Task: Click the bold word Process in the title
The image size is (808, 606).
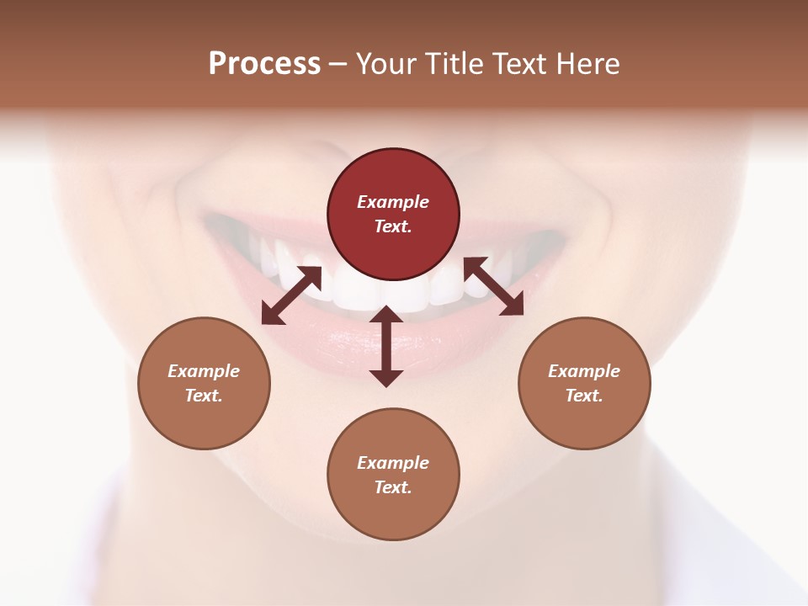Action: (x=264, y=64)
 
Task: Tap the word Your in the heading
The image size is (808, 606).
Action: (x=386, y=64)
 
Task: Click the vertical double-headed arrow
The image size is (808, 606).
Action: (x=386, y=346)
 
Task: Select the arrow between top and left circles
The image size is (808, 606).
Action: (x=291, y=295)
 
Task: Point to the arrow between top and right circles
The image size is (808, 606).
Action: (x=494, y=286)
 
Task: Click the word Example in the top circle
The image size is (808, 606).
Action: (x=393, y=202)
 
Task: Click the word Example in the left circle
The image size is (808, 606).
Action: (x=204, y=371)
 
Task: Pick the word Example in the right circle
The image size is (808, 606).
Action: (x=584, y=371)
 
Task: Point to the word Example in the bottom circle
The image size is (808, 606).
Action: (x=393, y=463)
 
